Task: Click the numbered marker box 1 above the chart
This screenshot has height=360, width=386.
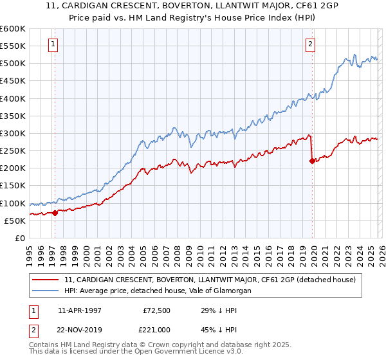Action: point(52,44)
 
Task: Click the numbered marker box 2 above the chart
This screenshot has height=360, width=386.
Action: point(310,44)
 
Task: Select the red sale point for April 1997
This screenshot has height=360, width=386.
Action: point(55,213)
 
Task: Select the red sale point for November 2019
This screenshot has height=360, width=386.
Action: point(312,161)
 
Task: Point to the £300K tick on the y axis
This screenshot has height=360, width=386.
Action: point(13,134)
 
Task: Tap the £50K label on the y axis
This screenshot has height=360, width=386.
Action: point(15,221)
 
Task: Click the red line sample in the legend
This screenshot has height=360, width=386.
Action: point(46,280)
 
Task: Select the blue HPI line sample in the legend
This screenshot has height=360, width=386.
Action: point(46,291)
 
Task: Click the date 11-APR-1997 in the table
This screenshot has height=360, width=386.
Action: point(79,310)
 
